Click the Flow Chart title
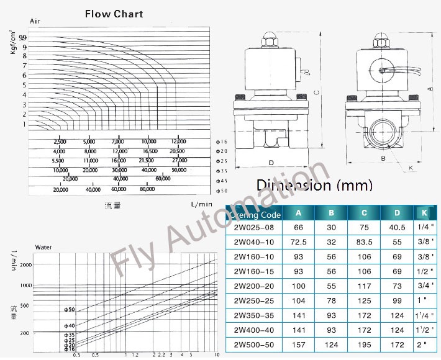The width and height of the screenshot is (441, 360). pos(114,14)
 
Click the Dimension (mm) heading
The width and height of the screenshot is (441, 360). pos(314,185)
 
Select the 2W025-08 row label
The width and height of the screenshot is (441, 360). pos(253,228)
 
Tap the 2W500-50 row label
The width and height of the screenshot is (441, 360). pos(253,344)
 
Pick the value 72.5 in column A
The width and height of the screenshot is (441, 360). pos(299,243)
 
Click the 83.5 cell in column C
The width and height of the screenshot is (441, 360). pos(364,243)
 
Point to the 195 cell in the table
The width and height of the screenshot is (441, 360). pos(364,344)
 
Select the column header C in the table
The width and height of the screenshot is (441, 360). pos(364,214)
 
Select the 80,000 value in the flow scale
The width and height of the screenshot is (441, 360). pos(147,189)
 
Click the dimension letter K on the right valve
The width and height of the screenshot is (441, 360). pos(411,168)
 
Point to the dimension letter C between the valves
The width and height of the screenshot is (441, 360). pos(316,93)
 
